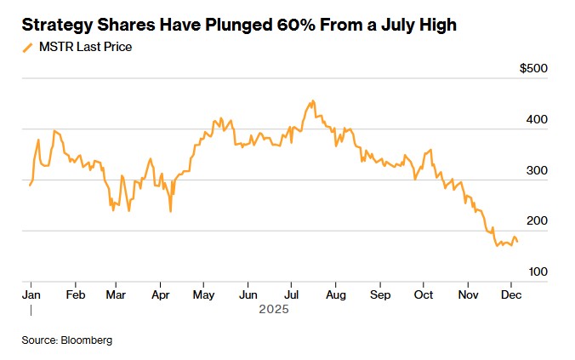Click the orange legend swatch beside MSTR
tap(28, 48)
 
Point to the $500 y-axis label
tap(533, 68)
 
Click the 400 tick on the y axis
tap(537, 119)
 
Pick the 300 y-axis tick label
tap(537, 170)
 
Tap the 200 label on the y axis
tap(537, 221)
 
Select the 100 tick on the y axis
tap(537, 271)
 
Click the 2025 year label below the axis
tap(274, 310)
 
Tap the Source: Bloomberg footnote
tap(67, 340)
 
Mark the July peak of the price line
tap(313, 100)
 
